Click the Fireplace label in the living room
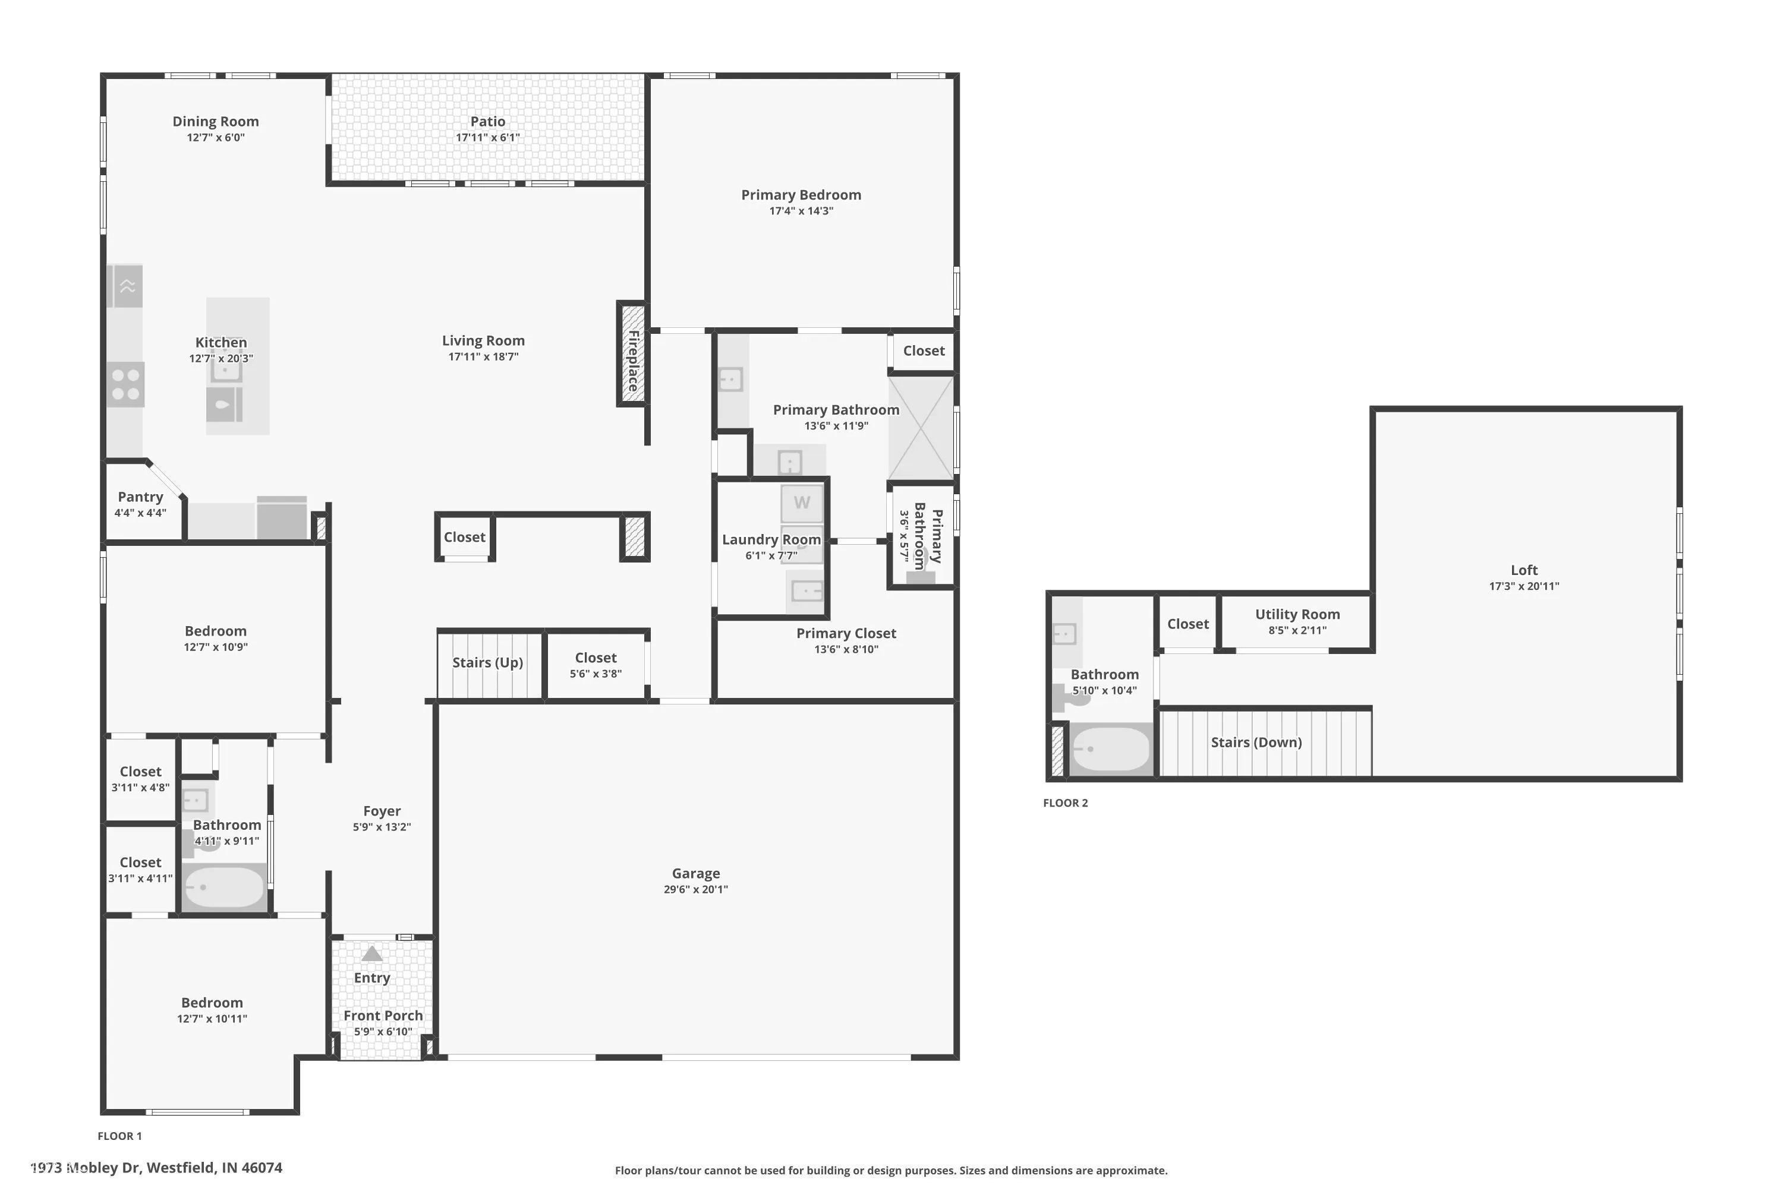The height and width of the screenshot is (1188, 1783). [x=634, y=361]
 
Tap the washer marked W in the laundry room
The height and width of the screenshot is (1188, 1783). [x=801, y=503]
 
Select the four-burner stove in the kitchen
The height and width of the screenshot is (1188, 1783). [x=125, y=384]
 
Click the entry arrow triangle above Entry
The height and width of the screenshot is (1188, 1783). [x=371, y=953]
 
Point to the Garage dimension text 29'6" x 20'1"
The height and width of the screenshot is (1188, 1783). [x=695, y=889]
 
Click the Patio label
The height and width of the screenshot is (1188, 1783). [x=487, y=121]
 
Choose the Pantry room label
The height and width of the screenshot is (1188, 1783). [x=140, y=497]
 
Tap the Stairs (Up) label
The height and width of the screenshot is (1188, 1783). [x=487, y=662]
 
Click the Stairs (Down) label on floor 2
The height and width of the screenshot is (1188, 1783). [x=1256, y=742]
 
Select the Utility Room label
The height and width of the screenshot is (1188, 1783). [x=1297, y=614]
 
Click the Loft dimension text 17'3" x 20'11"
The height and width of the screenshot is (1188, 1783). [x=1524, y=586]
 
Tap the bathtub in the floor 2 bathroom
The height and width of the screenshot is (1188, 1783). [x=1111, y=749]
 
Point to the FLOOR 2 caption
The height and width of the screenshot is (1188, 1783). [x=1065, y=803]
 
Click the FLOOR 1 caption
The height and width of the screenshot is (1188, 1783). [x=120, y=1136]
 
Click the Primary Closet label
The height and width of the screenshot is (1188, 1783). [x=846, y=633]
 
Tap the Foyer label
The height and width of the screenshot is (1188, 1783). [x=382, y=811]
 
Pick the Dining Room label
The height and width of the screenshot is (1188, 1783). [x=215, y=121]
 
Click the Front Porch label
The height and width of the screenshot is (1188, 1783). [x=383, y=1015]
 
